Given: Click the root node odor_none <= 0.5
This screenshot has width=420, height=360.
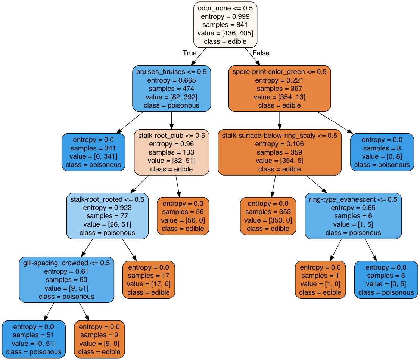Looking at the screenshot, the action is click(225, 25).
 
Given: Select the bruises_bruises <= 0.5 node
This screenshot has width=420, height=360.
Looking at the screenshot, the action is click(171, 89).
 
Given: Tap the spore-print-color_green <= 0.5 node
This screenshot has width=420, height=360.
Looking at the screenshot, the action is click(279, 89).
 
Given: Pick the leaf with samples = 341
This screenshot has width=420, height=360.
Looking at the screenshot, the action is click(93, 152).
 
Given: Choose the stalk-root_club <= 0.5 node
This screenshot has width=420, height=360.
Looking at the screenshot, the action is click(171, 152).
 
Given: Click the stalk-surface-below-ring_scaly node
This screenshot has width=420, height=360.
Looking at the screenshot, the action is click(279, 152).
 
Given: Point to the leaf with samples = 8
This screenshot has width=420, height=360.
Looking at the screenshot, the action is click(382, 152).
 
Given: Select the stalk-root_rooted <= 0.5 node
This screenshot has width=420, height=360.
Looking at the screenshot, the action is click(107, 216).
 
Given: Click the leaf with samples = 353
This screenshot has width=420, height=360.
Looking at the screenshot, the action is click(268, 216).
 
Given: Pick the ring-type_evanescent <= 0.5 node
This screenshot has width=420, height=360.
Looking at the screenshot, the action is click(353, 216).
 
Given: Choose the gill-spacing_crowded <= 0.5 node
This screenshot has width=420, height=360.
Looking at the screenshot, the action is click(66, 280).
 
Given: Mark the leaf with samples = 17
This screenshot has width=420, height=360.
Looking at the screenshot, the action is click(149, 280).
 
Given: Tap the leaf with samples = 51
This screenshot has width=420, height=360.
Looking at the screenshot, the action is click(34, 339).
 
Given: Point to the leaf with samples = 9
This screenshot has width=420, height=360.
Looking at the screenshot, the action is click(99, 339).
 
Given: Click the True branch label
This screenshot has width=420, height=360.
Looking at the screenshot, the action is click(190, 53).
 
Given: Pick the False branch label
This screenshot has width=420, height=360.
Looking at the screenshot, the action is click(261, 53).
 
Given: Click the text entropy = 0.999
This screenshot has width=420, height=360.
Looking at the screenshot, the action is click(225, 16).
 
